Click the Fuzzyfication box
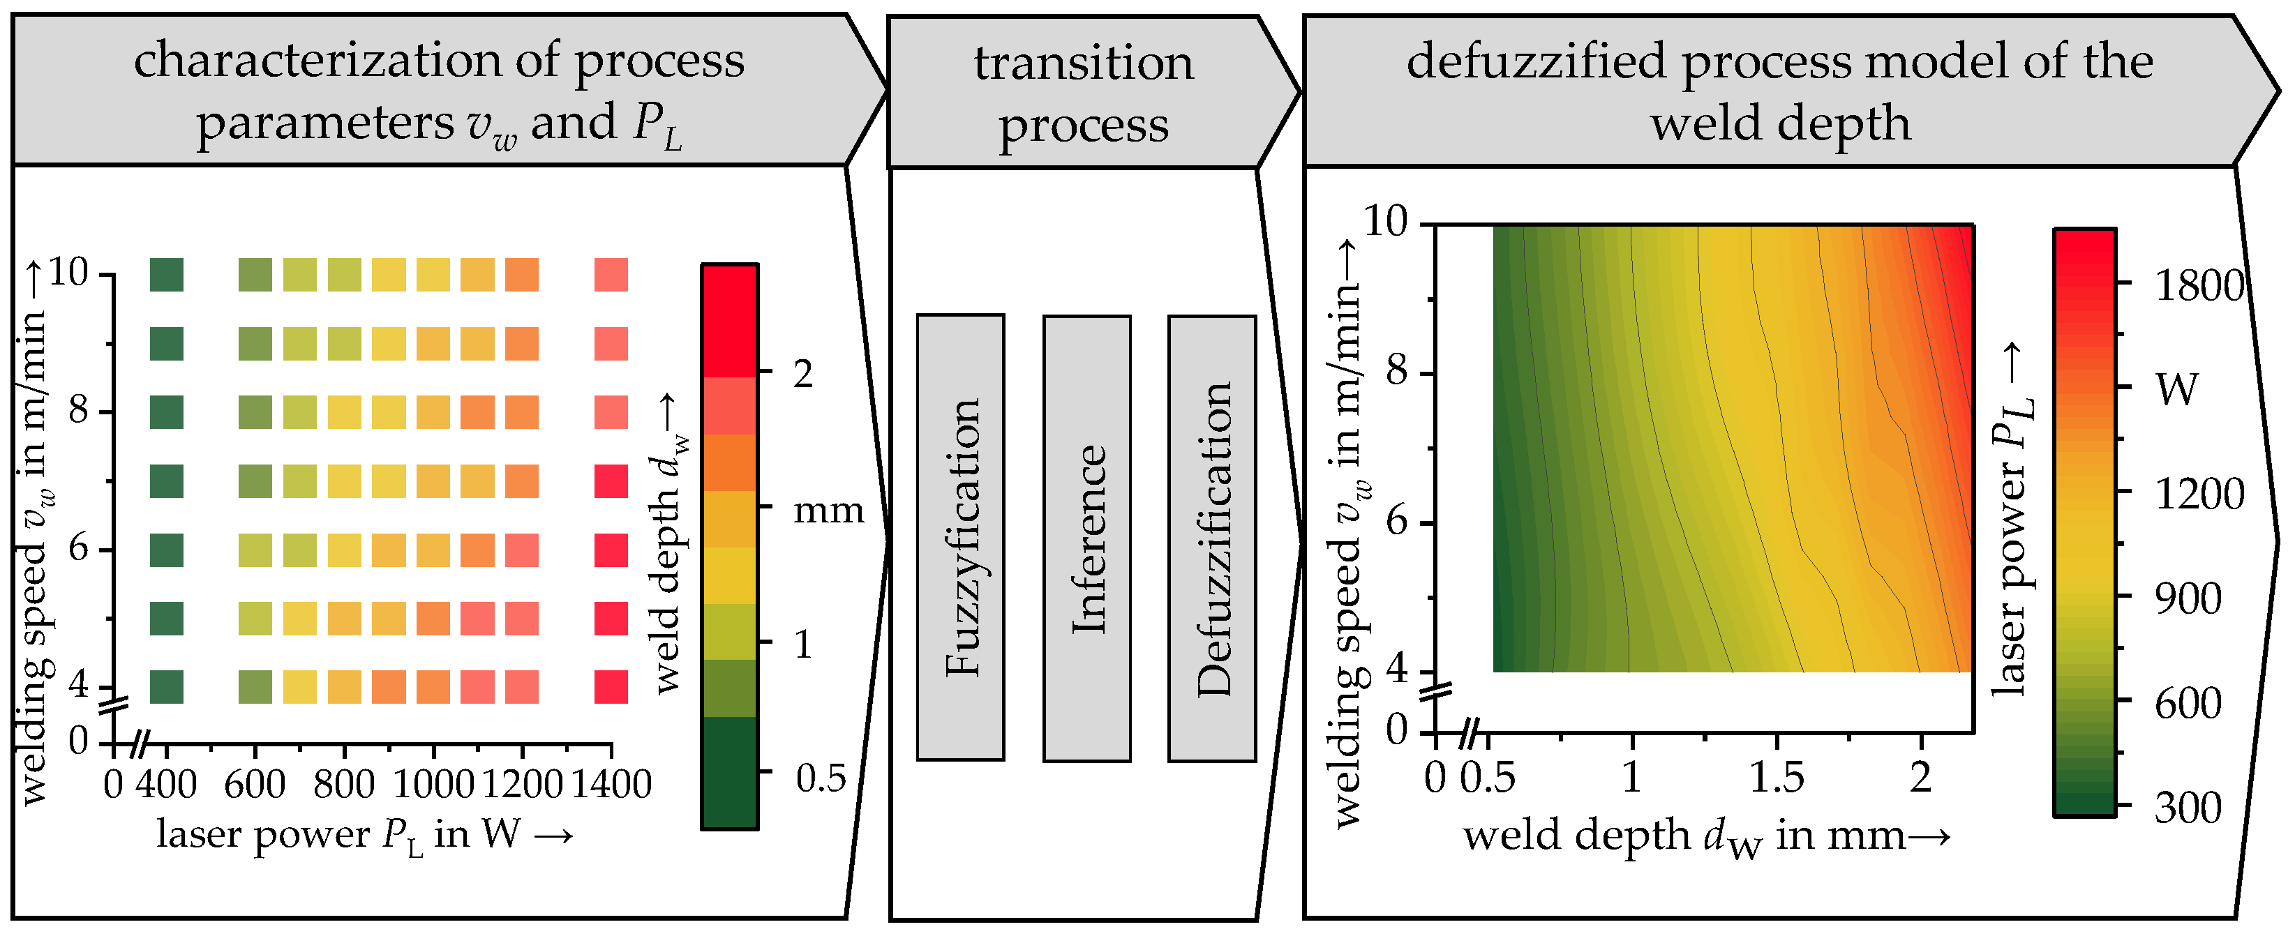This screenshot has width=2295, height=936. pos(960,537)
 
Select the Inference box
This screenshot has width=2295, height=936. pos(1087,538)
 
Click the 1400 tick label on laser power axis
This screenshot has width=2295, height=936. pos(611,785)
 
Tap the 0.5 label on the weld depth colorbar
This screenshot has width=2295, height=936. pos(820,778)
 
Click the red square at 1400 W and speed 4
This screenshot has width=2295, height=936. pos(611,686)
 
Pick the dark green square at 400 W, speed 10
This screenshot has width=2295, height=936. pos(167,274)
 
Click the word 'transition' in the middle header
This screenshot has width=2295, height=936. pos(1084,63)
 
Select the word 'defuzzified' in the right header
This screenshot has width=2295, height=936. pos(1536,61)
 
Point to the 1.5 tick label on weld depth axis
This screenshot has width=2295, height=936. pos(1777,778)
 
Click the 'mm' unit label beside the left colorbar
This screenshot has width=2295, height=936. pos(828,511)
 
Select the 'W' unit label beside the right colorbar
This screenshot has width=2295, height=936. pos(2177,389)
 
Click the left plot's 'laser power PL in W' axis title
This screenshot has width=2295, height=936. pos(364,834)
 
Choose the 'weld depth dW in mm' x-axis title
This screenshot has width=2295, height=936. pos(1706,837)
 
